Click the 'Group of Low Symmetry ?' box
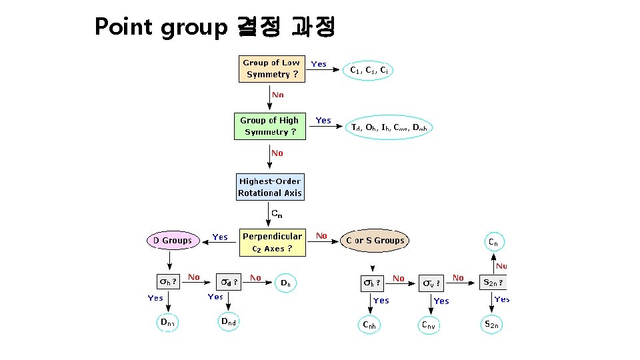click(x=271, y=69)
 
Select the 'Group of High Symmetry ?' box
click(x=269, y=126)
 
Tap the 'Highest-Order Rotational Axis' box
click(x=270, y=187)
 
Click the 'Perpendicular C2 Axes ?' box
click(x=272, y=242)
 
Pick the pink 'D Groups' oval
click(x=172, y=241)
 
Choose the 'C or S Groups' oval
click(x=375, y=241)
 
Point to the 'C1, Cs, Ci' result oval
click(x=369, y=69)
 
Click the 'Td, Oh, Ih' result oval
click(x=389, y=127)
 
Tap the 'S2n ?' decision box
click(x=493, y=282)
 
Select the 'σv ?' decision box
click(x=431, y=283)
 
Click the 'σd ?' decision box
click(x=229, y=282)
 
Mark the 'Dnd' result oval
click(x=229, y=322)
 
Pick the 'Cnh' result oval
click(x=369, y=325)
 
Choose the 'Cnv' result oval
click(x=429, y=325)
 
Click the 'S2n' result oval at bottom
click(x=491, y=325)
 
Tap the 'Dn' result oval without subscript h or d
click(x=285, y=283)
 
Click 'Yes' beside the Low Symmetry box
click(x=319, y=64)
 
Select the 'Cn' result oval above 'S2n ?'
click(x=493, y=242)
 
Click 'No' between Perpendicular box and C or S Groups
click(x=321, y=235)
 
